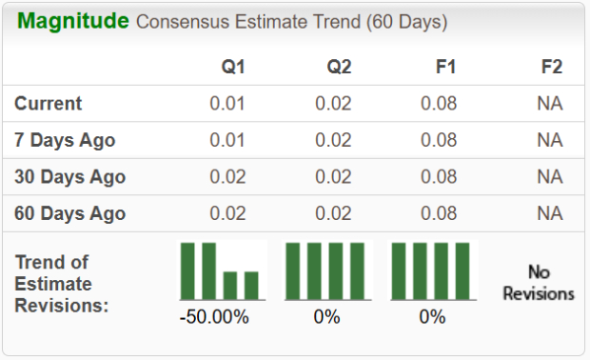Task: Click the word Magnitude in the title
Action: [73, 21]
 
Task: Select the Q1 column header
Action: [233, 67]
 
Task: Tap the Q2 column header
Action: [339, 67]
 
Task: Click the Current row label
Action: [49, 104]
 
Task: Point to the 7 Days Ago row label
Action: [65, 140]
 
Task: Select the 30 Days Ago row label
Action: [69, 177]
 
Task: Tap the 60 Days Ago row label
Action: [69, 213]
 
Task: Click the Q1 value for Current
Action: [228, 104]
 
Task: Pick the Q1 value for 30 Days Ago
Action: [228, 177]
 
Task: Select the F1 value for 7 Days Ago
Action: [440, 140]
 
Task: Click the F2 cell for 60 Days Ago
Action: [549, 213]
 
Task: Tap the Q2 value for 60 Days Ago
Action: [334, 213]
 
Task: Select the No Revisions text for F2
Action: [539, 283]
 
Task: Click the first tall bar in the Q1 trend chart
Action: [188, 270]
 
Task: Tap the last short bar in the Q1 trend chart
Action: [251, 285]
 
